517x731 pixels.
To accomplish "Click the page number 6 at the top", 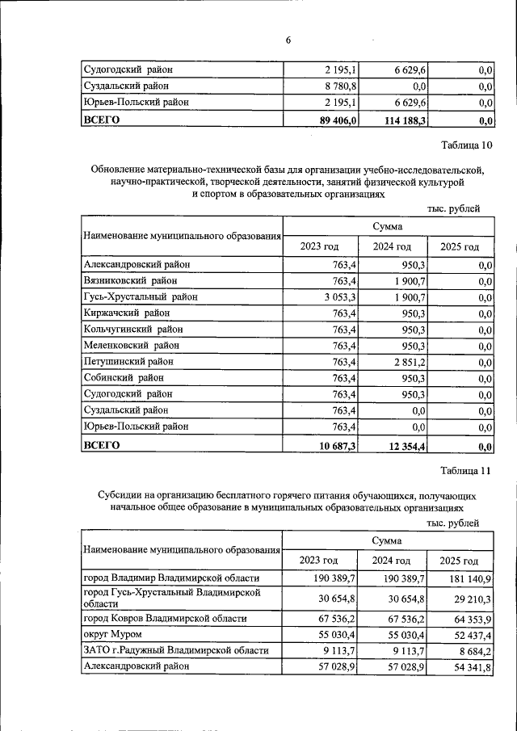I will coord(288,41).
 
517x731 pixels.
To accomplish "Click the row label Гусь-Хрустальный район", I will coord(140,297).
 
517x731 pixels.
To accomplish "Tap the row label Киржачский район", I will coord(127,313).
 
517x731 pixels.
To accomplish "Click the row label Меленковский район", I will coord(133,346).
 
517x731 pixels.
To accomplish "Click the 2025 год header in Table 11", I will coord(459,561).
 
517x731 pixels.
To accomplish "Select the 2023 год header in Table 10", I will coord(319,246).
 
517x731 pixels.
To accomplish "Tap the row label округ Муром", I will coord(113,634).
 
